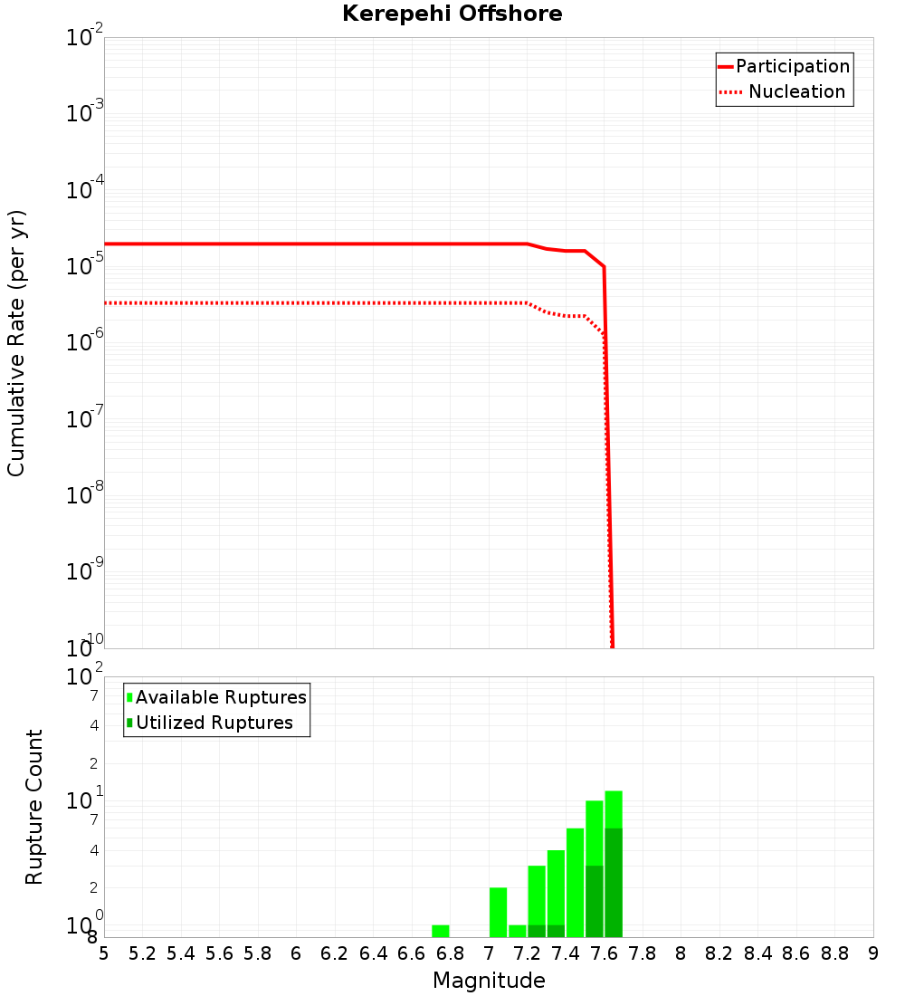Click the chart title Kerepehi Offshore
452,14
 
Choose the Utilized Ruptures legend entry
214,723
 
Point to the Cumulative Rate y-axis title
16,342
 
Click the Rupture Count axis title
34,807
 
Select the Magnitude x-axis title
489,981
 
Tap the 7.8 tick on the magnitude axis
643,953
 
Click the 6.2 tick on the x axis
335,953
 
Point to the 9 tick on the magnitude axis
873,953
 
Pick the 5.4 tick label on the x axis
181,953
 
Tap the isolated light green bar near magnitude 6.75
441,931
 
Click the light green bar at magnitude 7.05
498,912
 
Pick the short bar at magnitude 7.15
518,931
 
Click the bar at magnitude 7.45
575,882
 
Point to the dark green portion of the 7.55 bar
595,901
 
